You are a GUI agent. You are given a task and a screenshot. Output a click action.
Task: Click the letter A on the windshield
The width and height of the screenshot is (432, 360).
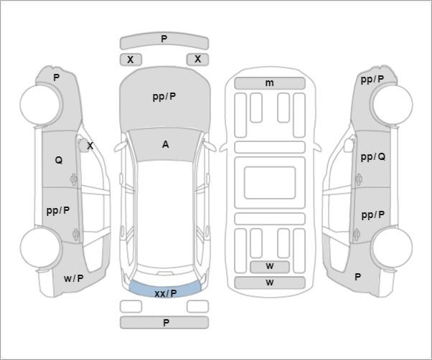[x=165, y=144]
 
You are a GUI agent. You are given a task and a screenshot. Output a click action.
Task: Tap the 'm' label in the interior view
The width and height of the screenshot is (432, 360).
[x=269, y=83]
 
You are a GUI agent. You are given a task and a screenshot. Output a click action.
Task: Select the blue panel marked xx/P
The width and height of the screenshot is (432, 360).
[x=165, y=289]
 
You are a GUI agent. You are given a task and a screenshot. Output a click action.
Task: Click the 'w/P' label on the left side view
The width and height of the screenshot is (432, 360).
[x=74, y=278]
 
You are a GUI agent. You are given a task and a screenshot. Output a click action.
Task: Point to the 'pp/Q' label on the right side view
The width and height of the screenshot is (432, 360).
[x=373, y=157]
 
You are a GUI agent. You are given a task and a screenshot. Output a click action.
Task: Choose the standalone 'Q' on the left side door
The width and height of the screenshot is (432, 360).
[x=59, y=160]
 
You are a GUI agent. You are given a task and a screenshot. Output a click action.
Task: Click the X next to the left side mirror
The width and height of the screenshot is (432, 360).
[x=90, y=146]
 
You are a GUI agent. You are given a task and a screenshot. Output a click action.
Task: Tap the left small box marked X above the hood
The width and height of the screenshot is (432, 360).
[x=131, y=60]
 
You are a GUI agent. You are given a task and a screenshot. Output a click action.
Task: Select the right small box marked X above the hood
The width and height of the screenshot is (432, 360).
[x=197, y=60]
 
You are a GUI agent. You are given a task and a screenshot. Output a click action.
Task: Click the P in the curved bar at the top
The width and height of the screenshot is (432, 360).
[x=164, y=39]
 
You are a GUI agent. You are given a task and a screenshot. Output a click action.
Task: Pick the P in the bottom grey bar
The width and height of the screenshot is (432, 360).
[x=166, y=323]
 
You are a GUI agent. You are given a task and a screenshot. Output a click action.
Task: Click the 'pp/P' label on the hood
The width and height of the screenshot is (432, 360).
[x=164, y=97]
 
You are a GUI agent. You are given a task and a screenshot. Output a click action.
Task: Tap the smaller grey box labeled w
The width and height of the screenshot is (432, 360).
[x=270, y=267]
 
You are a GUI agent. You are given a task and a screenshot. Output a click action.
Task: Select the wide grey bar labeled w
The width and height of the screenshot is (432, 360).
[x=270, y=283]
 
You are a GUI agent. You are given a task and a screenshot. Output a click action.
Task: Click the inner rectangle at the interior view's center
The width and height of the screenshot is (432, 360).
[x=270, y=183]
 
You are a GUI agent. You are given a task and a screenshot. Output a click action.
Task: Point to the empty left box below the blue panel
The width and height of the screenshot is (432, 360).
[x=131, y=306]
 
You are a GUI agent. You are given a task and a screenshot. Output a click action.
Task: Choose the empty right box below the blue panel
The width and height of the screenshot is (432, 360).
[x=197, y=306]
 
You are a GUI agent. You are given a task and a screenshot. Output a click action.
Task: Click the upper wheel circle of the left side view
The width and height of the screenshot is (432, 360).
[x=41, y=105]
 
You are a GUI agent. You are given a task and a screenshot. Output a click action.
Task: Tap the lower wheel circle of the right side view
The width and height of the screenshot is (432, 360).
[x=393, y=247]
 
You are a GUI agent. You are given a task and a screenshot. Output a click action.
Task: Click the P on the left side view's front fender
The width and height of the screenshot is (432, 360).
[x=56, y=77]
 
